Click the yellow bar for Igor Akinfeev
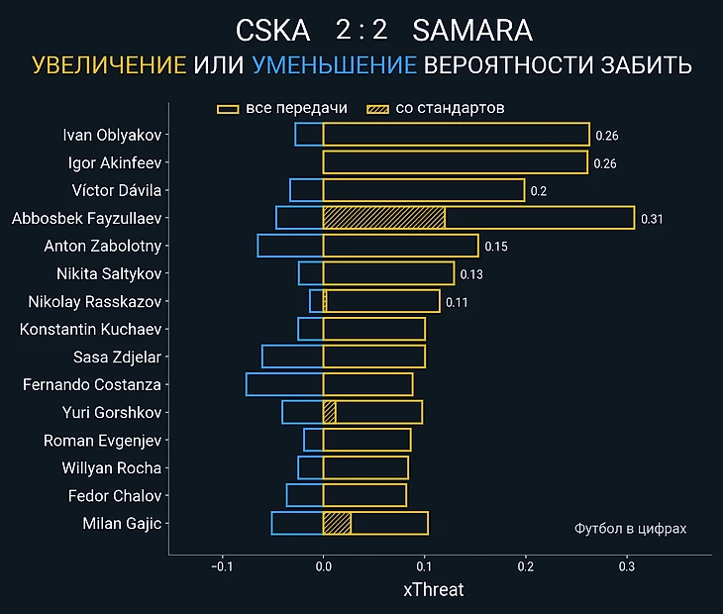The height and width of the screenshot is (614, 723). pyautogui.click(x=455, y=162)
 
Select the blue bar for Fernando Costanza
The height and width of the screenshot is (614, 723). pyautogui.click(x=284, y=384)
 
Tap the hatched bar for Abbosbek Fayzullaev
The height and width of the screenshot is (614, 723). pyautogui.click(x=383, y=218)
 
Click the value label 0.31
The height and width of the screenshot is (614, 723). pyautogui.click(x=652, y=219)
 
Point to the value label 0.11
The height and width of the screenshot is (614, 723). pyautogui.click(x=456, y=302)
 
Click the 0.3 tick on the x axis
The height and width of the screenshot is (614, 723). pyautogui.click(x=627, y=566)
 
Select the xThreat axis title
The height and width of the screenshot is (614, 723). pyautogui.click(x=433, y=590)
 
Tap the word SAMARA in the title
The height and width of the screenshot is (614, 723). pyautogui.click(x=471, y=31)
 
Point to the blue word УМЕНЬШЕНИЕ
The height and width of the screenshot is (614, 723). pyautogui.click(x=334, y=66)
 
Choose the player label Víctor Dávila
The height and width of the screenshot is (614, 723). pyautogui.click(x=116, y=190)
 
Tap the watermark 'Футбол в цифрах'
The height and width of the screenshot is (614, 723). pyautogui.click(x=630, y=529)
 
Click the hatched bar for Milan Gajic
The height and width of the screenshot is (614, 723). pyautogui.click(x=337, y=524)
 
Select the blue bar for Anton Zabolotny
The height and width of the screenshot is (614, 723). pyautogui.click(x=290, y=246)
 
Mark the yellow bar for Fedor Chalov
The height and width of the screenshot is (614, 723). pyautogui.click(x=364, y=495)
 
